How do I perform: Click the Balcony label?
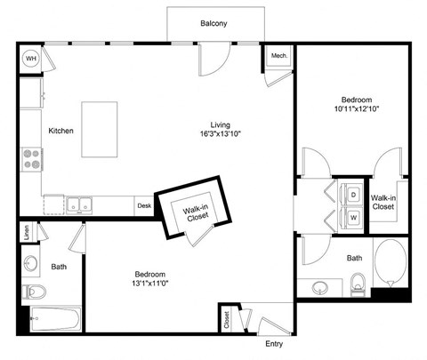coord(213,24)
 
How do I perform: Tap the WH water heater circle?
coord(30,59)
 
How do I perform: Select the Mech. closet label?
coord(278,56)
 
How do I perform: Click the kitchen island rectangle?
coord(100,130)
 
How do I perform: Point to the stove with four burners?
coord(32,159)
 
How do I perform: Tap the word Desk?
coord(144,205)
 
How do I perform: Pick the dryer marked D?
coord(352,193)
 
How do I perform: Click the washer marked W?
coord(352,216)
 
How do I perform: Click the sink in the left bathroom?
coord(33,264)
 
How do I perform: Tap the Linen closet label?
coord(28,232)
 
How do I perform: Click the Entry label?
coord(274,343)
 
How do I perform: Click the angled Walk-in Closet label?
coord(196,213)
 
